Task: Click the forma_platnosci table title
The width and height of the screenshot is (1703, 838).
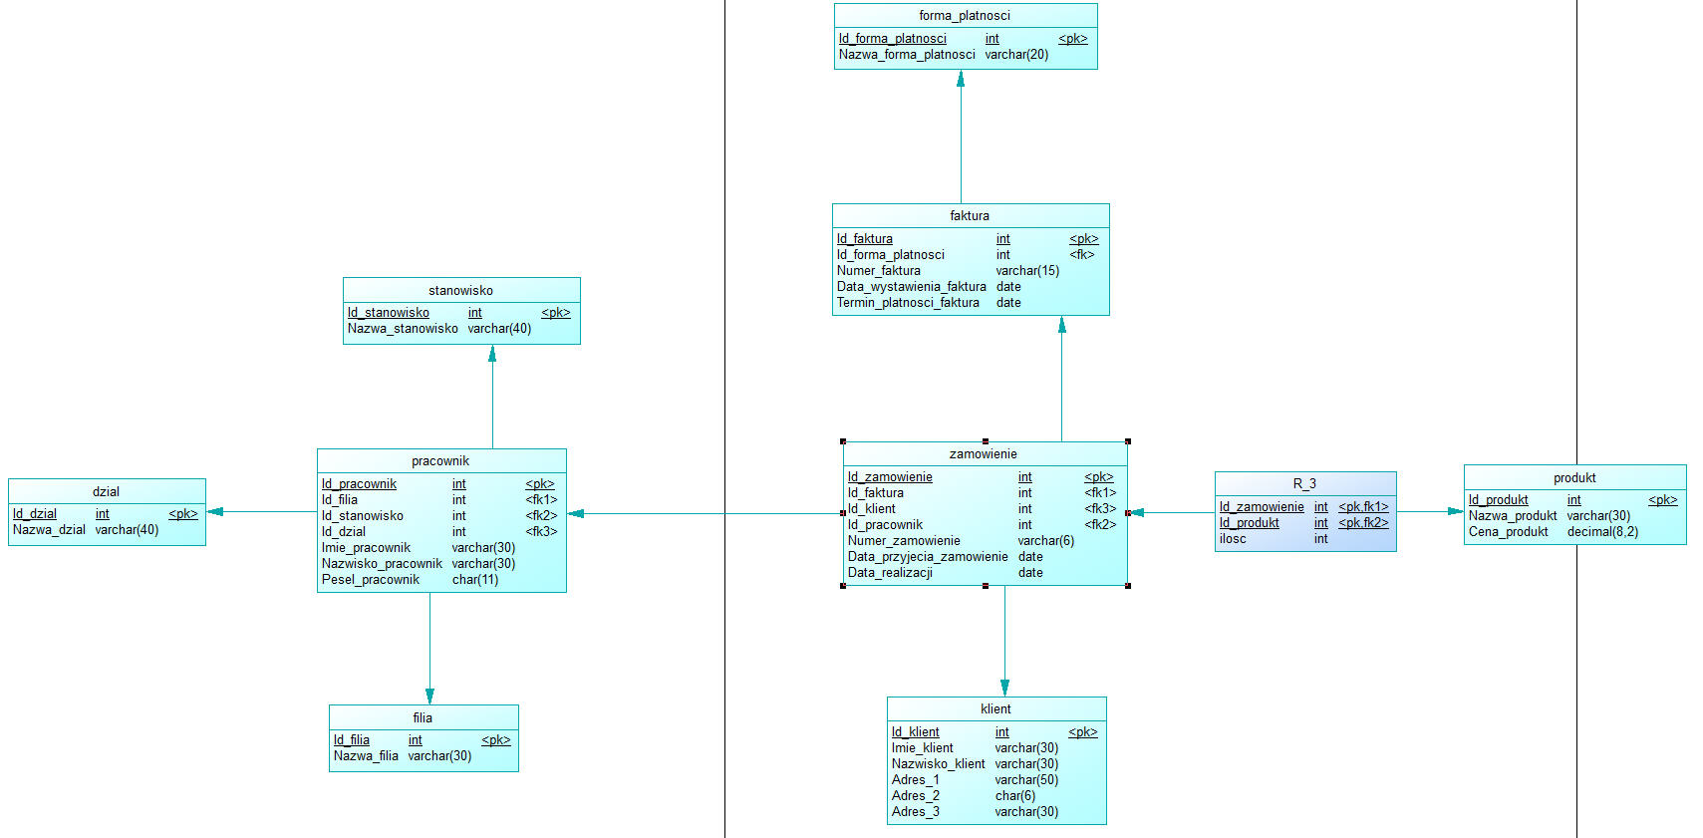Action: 964,15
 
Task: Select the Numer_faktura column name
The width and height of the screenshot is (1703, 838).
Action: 878,271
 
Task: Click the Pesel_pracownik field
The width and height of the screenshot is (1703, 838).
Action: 371,580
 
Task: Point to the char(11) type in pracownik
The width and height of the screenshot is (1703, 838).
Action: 475,580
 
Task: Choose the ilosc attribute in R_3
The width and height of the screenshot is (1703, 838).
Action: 1233,539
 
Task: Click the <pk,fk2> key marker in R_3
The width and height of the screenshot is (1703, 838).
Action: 1363,523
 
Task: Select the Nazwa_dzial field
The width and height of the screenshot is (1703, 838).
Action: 49,530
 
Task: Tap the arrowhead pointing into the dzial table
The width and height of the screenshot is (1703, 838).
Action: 215,512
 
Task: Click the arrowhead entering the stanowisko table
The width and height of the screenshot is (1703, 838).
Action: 492,354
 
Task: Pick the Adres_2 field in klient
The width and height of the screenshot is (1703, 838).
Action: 916,796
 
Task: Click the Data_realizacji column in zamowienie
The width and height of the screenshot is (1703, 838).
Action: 890,573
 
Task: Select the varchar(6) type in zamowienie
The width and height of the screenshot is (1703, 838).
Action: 1046,541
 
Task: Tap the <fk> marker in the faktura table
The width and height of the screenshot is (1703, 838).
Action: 1082,255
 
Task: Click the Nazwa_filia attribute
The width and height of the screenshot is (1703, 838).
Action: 366,756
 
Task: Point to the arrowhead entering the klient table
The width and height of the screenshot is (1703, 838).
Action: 1005,689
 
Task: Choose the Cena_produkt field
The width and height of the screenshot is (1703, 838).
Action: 1509,531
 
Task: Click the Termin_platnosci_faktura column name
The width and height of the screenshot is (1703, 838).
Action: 908,303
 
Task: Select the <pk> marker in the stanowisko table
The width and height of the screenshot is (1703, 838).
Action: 556,313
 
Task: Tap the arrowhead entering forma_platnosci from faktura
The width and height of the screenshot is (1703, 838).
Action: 961,79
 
